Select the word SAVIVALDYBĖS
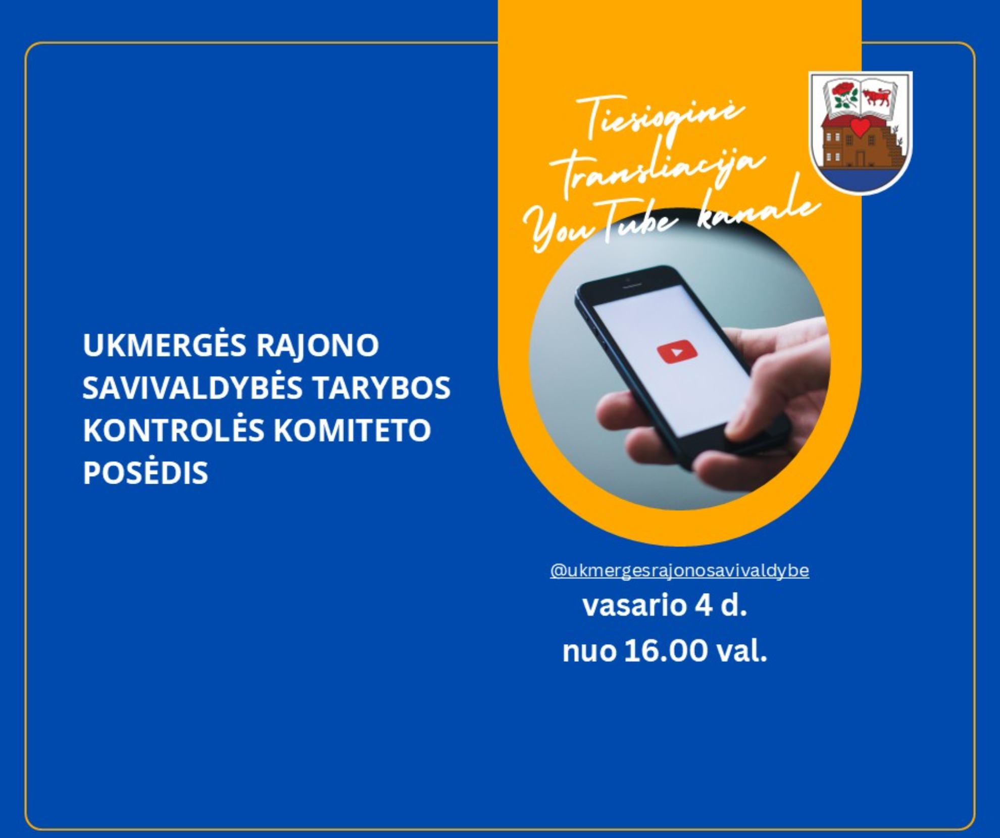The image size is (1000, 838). coord(192,388)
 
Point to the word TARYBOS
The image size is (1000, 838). coord(381,388)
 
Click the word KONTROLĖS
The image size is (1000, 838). coord(174,430)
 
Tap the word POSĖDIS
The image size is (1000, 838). coord(145,473)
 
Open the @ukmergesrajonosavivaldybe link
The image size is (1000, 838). coord(679,571)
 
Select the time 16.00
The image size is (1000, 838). coord(666,651)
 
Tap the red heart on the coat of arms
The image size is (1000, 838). coord(860,127)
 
